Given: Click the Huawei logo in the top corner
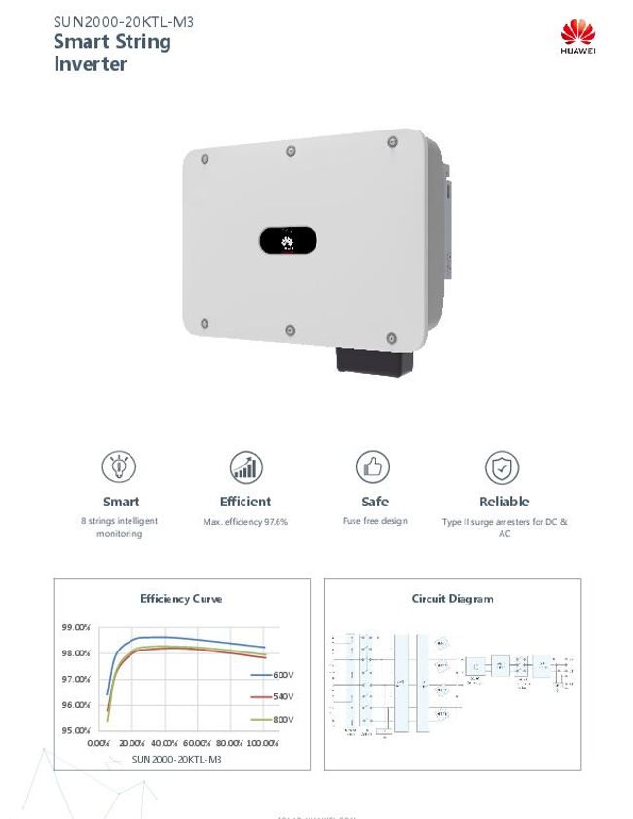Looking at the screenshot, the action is pyautogui.click(x=577, y=37).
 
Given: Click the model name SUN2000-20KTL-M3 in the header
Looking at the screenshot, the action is pyautogui.click(x=124, y=20).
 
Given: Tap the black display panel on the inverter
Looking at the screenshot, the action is pyautogui.click(x=288, y=241).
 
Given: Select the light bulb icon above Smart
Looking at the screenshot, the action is pyautogui.click(x=119, y=468).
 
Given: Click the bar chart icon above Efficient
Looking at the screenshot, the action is pyautogui.click(x=245, y=468).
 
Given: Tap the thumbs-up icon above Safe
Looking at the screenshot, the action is pyautogui.click(x=374, y=468).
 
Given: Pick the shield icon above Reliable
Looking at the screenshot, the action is pyautogui.click(x=503, y=468).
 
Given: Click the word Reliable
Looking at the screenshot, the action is pyautogui.click(x=503, y=502).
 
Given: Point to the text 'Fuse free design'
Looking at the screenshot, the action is pyautogui.click(x=375, y=521).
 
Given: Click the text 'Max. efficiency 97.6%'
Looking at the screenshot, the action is pyautogui.click(x=245, y=522).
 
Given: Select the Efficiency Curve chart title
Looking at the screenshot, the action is pyautogui.click(x=181, y=599).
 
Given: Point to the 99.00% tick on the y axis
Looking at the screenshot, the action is pyautogui.click(x=76, y=627).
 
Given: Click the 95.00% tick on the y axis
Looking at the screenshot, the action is pyautogui.click(x=76, y=730).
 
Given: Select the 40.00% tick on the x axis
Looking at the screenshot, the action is pyautogui.click(x=165, y=743).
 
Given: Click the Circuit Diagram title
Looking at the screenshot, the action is pyautogui.click(x=452, y=599).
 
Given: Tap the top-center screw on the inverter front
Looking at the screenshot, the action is pyautogui.click(x=291, y=151).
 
